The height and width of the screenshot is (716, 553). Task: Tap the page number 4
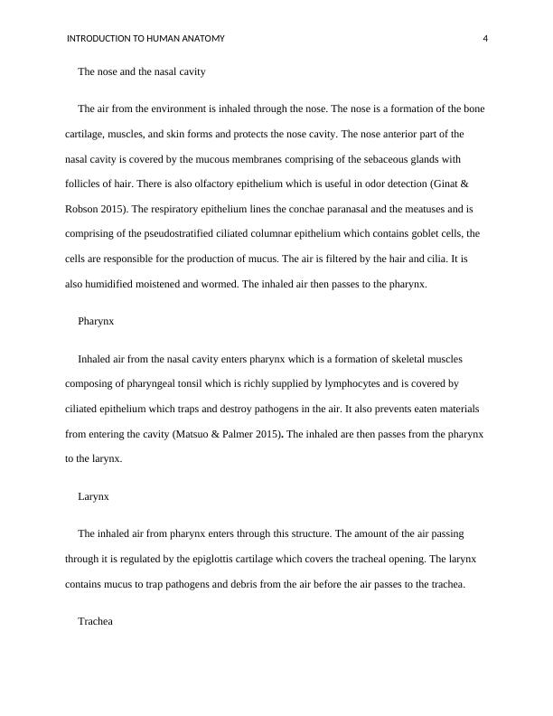pyautogui.click(x=486, y=39)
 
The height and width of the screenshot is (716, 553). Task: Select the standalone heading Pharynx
pyautogui.click(x=96, y=320)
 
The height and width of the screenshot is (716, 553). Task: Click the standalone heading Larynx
pyautogui.click(x=93, y=496)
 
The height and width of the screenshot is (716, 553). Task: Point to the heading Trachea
pyautogui.click(x=96, y=621)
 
